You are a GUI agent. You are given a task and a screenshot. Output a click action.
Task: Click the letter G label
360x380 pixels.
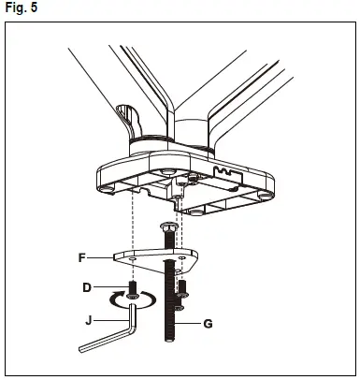208,324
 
